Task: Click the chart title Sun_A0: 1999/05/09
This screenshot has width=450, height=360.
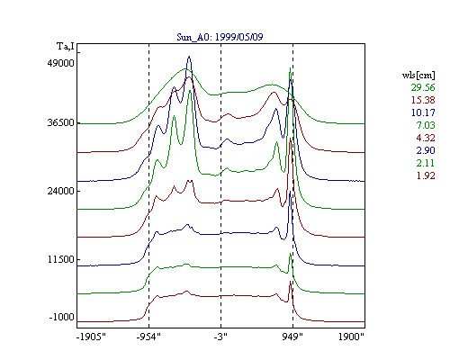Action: (220, 37)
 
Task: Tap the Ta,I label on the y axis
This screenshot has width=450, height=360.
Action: (66, 47)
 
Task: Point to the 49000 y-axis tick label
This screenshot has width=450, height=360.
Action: (60, 63)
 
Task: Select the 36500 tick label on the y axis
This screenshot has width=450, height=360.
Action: (60, 122)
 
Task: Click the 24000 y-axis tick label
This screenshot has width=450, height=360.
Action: (60, 191)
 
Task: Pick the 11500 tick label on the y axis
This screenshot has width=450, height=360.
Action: (61, 259)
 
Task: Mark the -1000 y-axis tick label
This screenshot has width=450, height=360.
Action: (62, 317)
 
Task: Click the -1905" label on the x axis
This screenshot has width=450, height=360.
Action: (92, 337)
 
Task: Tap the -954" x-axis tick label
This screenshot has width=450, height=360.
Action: (148, 337)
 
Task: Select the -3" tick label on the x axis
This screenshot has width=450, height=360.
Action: (220, 337)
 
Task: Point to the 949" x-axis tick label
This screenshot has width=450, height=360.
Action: (292, 337)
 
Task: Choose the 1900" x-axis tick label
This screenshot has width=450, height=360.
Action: (351, 337)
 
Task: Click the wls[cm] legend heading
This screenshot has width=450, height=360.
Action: (418, 76)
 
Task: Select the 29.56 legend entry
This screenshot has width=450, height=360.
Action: (423, 87)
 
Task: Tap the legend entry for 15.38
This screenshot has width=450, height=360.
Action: (423, 100)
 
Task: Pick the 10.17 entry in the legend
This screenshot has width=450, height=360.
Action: (423, 112)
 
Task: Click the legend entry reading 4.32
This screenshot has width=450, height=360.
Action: (426, 138)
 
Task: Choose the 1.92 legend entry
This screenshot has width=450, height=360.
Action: (426, 175)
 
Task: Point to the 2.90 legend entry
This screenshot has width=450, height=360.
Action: (426, 150)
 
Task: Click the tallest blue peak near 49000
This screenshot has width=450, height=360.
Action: (189, 57)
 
